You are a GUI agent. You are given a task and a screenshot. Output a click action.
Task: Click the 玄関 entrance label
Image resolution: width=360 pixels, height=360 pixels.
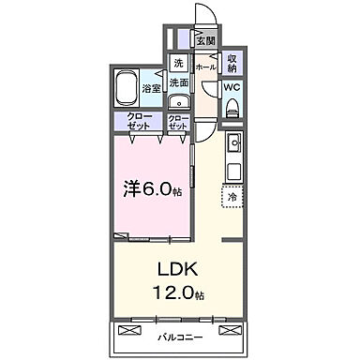click(x=204, y=40)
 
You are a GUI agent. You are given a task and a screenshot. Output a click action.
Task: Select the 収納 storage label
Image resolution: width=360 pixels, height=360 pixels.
click(x=232, y=64)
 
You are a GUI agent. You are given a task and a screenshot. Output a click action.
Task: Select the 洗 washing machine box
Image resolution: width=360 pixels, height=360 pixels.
click(x=177, y=63)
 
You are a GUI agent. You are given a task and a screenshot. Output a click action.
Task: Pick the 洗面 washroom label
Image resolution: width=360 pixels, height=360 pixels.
click(x=178, y=82)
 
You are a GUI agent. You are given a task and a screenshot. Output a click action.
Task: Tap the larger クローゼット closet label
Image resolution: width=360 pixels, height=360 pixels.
click(x=142, y=122)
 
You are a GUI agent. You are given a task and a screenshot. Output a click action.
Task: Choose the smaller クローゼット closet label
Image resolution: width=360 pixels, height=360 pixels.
click(x=177, y=122)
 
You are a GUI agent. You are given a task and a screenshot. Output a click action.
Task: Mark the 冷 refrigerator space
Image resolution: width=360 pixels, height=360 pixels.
click(x=231, y=197)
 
